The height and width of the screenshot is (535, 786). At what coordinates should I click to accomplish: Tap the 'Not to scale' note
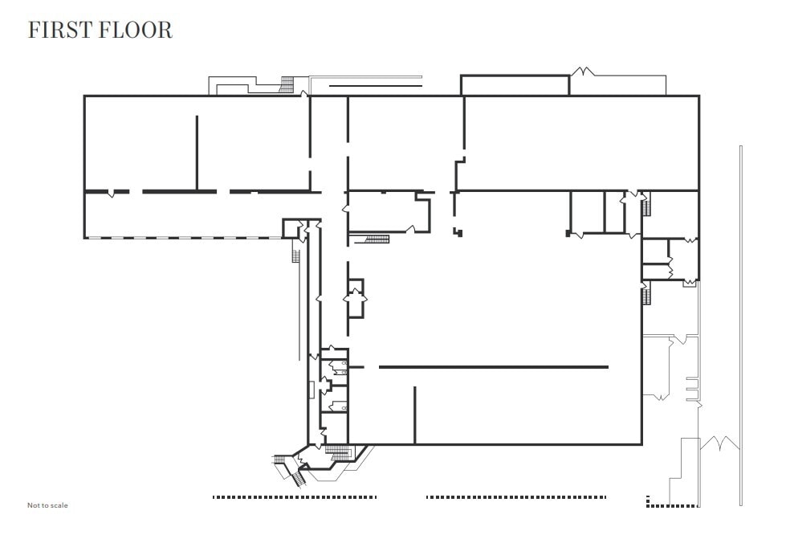click(x=47, y=505)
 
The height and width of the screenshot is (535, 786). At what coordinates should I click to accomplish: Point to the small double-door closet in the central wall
click(x=355, y=298)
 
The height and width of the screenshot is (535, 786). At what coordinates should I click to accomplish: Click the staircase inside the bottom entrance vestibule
click(x=340, y=453)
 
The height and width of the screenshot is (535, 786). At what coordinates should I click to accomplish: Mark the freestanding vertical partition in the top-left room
click(x=197, y=153)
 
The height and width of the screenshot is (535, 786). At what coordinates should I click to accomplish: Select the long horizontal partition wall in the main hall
click(x=493, y=367)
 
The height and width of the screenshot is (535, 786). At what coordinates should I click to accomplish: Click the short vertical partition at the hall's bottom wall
click(x=414, y=415)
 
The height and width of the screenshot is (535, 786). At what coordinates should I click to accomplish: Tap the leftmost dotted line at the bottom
click(x=294, y=497)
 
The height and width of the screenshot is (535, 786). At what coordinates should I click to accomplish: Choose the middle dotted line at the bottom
click(x=515, y=497)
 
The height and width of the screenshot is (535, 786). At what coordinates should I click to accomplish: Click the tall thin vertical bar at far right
click(x=740, y=313)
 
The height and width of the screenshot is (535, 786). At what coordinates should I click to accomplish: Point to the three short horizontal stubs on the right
click(x=692, y=387)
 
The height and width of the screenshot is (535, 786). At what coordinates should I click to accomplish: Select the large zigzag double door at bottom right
click(x=719, y=443)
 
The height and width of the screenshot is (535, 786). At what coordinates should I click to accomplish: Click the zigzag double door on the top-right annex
click(x=583, y=72)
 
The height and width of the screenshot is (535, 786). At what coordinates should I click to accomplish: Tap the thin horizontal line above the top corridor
click(x=376, y=85)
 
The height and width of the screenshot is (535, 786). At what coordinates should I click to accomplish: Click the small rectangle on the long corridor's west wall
click(x=311, y=391)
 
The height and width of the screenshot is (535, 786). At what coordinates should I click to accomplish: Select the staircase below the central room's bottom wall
click(x=377, y=239)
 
